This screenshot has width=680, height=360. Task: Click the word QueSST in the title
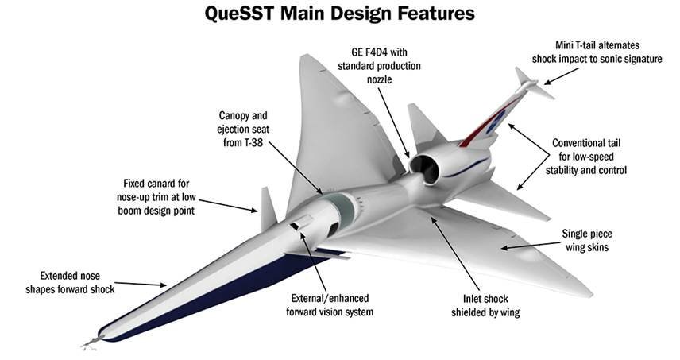click(x=241, y=14)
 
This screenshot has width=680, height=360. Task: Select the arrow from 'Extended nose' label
click(x=143, y=283)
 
